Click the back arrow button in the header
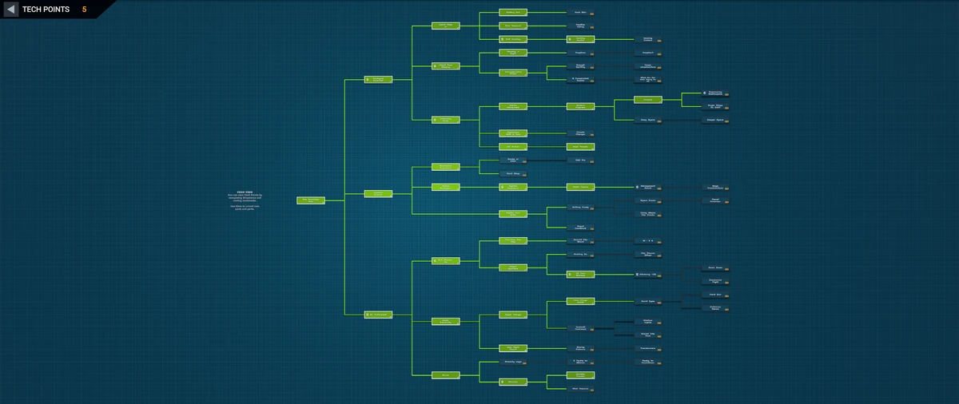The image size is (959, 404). [x=11, y=10]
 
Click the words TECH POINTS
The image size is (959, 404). [x=46, y=10]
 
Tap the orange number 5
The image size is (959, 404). [x=84, y=10]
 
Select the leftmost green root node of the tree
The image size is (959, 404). [x=310, y=200]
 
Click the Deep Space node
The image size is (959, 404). [x=647, y=120]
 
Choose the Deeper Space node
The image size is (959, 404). [x=714, y=120]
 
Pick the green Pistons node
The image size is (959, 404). [x=647, y=100]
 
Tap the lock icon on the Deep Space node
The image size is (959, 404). [x=660, y=121]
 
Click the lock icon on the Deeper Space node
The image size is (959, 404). [x=726, y=121]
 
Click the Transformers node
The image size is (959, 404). [x=647, y=348]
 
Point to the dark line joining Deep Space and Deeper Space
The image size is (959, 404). [x=680, y=121]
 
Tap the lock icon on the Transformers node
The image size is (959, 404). [x=660, y=350]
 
